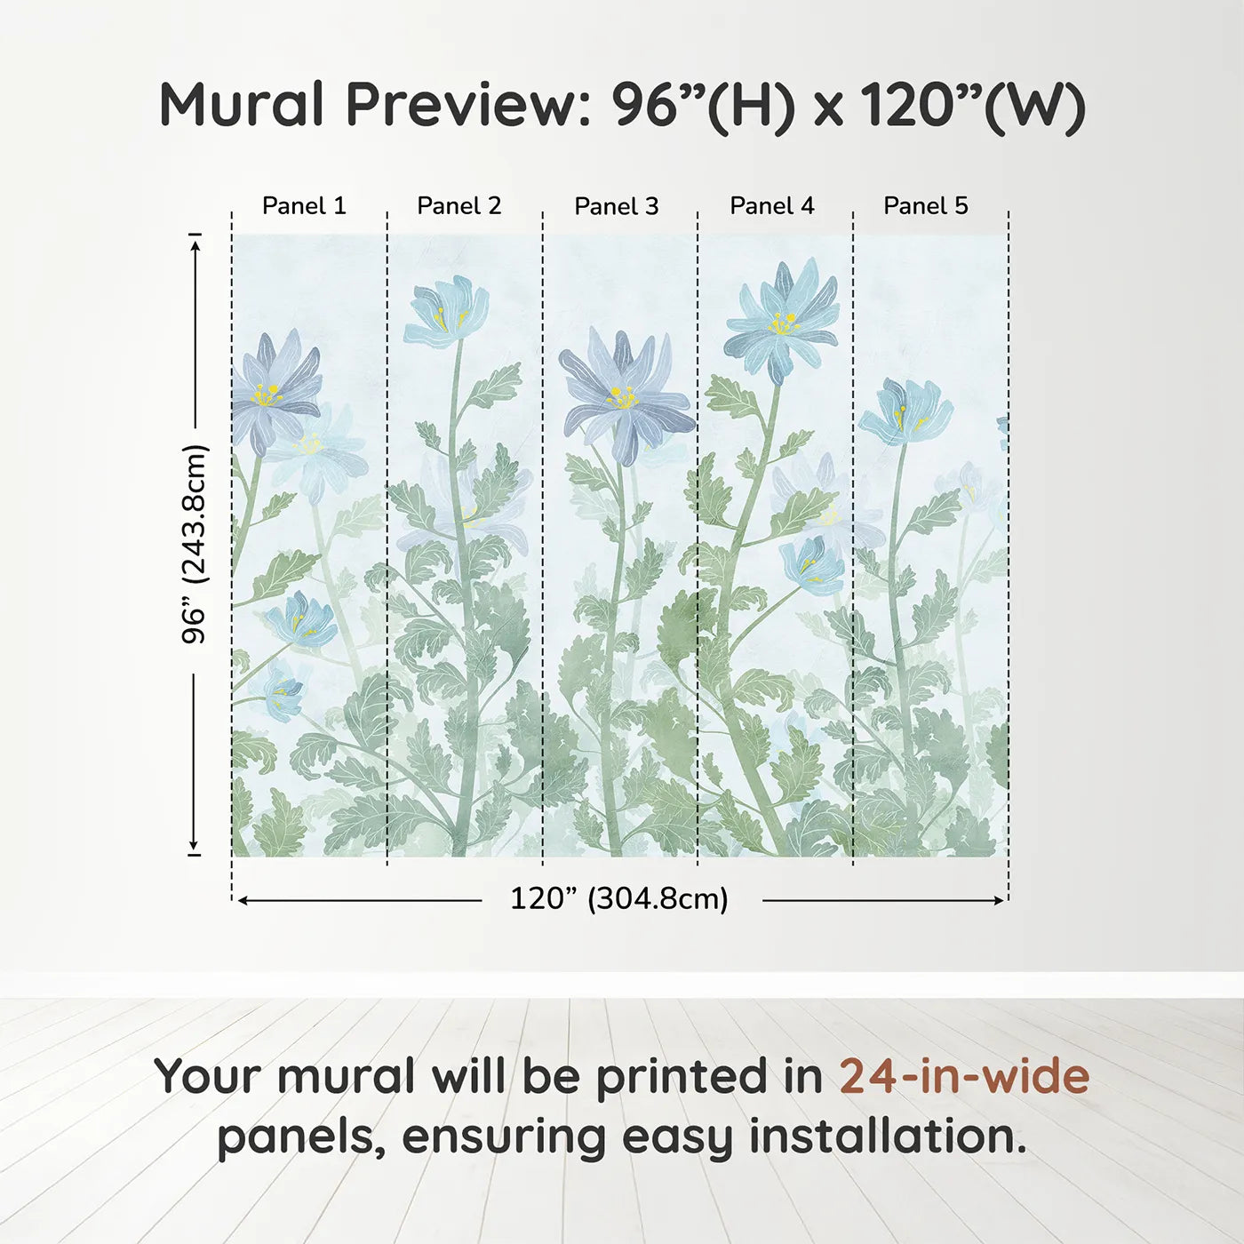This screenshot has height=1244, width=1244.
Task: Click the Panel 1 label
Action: pyautogui.click(x=304, y=206)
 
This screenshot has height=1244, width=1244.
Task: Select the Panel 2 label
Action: pyautogui.click(x=459, y=206)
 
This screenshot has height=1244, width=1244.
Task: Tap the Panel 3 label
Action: pyautogui.click(x=616, y=207)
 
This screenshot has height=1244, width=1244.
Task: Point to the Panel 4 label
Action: pyautogui.click(x=771, y=206)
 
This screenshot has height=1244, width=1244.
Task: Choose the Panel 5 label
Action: pyautogui.click(x=925, y=206)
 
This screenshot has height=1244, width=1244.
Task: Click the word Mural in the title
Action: pyautogui.click(x=242, y=105)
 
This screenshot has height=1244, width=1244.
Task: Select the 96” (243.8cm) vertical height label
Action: pyautogui.click(x=195, y=544)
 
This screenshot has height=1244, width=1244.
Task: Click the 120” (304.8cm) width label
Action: pyautogui.click(x=618, y=899)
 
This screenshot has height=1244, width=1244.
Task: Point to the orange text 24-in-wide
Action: pyautogui.click(x=964, y=1076)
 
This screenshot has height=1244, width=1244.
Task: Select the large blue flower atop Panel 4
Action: pyautogui.click(x=782, y=320)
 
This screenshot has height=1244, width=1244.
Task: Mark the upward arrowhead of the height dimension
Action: pyautogui.click(x=195, y=242)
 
